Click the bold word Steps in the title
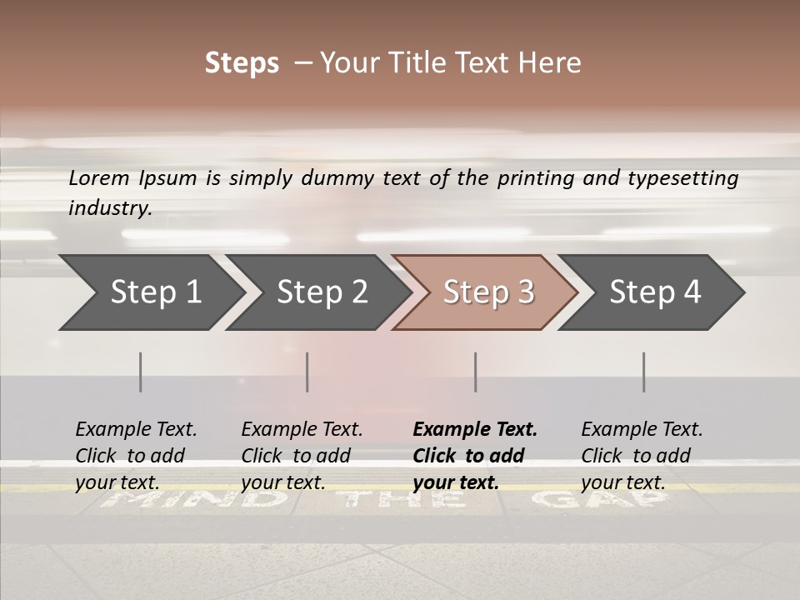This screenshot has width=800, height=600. click(242, 63)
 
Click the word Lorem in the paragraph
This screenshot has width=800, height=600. click(99, 178)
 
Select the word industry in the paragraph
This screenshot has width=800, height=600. click(109, 208)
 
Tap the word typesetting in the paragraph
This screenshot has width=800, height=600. click(682, 178)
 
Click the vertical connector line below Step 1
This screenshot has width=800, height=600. click(141, 372)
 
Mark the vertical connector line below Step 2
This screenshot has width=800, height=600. click(307, 372)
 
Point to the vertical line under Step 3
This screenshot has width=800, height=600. click(475, 372)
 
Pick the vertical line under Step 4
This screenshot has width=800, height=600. click(643, 372)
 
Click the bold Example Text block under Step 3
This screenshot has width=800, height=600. click(475, 456)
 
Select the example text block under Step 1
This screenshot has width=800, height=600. click(136, 456)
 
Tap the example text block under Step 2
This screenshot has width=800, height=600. click(302, 456)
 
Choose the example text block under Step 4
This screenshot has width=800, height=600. click(642, 456)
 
